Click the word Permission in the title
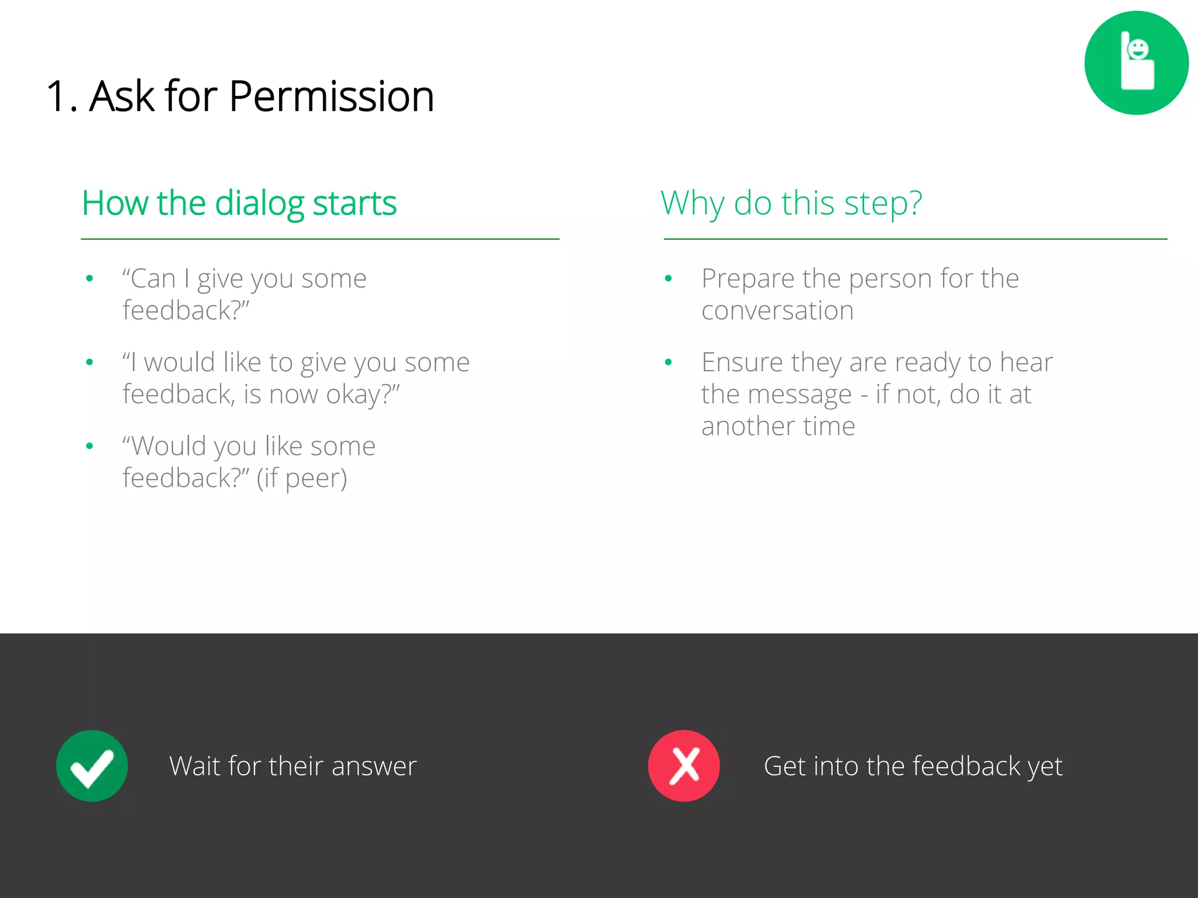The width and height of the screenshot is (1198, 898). pyautogui.click(x=331, y=96)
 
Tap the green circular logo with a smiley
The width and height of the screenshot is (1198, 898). pyautogui.click(x=1136, y=63)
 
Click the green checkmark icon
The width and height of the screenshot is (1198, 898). pyautogui.click(x=92, y=766)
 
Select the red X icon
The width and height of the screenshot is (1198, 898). pyautogui.click(x=684, y=766)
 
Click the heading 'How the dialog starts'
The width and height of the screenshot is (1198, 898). pyautogui.click(x=239, y=203)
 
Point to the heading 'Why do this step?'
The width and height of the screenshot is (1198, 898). pyautogui.click(x=791, y=203)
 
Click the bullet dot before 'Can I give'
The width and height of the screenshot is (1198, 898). pyautogui.click(x=89, y=279)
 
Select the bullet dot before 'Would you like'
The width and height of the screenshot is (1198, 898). pyautogui.click(x=89, y=446)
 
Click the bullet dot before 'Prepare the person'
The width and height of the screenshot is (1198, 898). pyautogui.click(x=668, y=279)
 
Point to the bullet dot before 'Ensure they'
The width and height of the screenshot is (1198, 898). pyautogui.click(x=668, y=362)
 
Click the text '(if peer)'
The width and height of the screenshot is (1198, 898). pyautogui.click(x=302, y=479)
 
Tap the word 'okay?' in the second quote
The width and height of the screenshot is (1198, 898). pyautogui.click(x=363, y=395)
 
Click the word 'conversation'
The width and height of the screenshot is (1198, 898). pyautogui.click(x=777, y=310)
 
